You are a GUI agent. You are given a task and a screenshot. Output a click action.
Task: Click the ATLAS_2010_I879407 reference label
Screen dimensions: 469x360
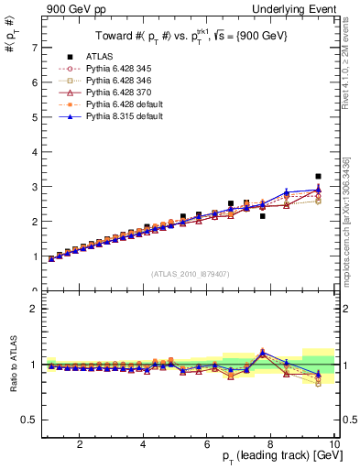pos(190,273)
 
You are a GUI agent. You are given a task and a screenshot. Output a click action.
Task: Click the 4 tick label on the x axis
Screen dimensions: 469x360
pos(143,444)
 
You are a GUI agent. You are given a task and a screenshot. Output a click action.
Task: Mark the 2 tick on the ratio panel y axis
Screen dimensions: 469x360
pos(34,309)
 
